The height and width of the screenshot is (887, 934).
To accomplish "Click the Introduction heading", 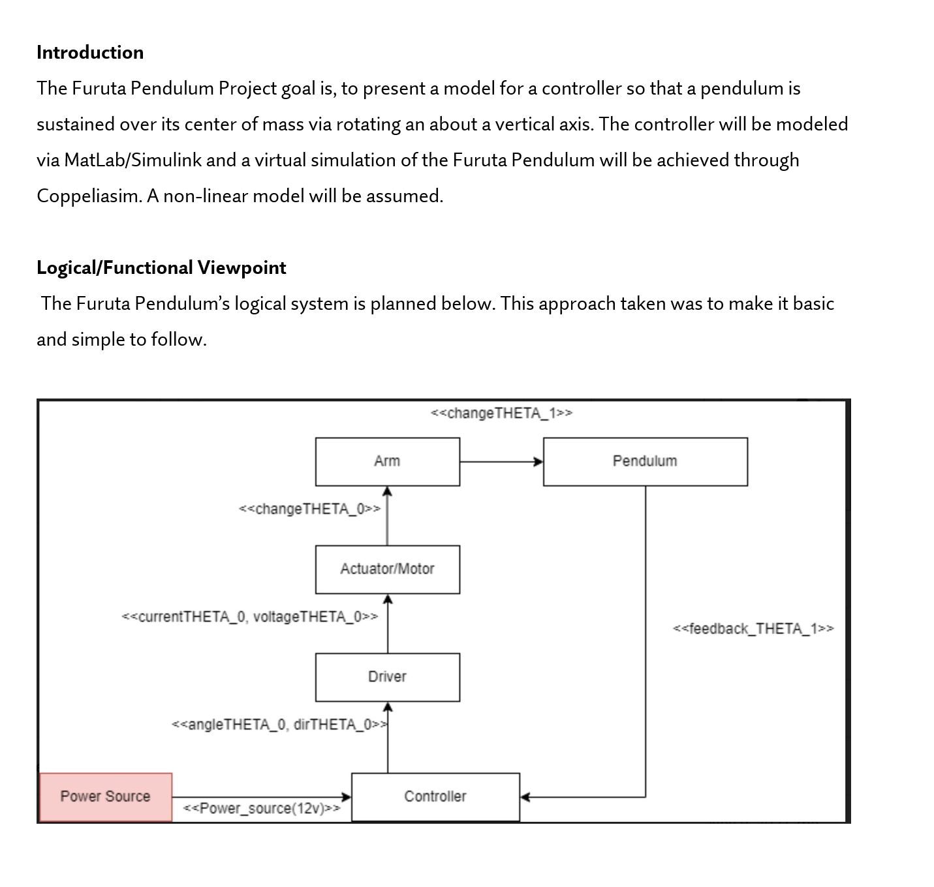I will (x=90, y=53).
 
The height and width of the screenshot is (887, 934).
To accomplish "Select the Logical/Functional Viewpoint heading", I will (x=161, y=268).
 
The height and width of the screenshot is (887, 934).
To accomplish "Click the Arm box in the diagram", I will (x=387, y=462).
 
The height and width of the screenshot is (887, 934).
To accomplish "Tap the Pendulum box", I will (x=645, y=462).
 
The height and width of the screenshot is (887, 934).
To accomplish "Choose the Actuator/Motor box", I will (x=387, y=569).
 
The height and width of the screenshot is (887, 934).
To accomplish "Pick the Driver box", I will (x=387, y=677).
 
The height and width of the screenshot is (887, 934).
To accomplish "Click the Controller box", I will (x=435, y=797).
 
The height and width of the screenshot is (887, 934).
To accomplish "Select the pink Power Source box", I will (x=105, y=797).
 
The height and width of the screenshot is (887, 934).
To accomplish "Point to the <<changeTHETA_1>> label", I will (x=501, y=413).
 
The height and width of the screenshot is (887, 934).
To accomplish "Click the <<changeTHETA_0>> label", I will (x=309, y=509).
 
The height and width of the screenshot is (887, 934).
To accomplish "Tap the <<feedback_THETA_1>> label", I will (x=753, y=629).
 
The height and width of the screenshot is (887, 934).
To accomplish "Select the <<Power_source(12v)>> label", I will (x=261, y=809).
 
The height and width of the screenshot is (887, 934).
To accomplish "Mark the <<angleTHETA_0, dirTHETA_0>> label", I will (x=279, y=725).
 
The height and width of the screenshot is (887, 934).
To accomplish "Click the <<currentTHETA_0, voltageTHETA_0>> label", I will (x=249, y=617).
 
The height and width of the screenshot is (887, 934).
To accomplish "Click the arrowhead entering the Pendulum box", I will (x=538, y=462).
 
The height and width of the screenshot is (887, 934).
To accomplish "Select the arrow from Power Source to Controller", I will (x=261, y=796).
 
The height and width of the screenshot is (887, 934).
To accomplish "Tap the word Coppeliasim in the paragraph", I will (x=88, y=196).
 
